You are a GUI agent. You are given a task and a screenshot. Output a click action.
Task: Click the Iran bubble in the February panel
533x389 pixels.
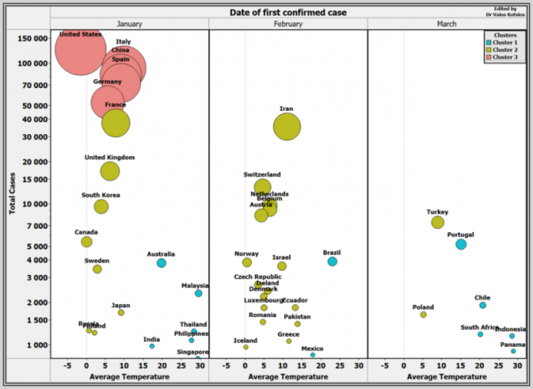(287, 126)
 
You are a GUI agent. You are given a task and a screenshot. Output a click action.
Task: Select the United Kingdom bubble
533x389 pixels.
(110, 171)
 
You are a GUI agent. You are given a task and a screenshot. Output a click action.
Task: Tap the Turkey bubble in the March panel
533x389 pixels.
(438, 222)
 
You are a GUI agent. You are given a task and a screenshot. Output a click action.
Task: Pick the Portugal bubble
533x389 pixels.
(460, 244)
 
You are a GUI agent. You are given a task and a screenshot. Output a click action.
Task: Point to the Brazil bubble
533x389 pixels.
(332, 261)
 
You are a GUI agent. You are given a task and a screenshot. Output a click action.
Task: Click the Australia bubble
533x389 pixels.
(161, 263)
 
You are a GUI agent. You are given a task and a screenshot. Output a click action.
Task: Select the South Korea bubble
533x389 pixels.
(101, 207)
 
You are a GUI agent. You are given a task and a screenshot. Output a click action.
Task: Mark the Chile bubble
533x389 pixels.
(482, 305)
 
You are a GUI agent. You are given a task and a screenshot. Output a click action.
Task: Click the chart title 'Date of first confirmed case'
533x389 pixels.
(288, 12)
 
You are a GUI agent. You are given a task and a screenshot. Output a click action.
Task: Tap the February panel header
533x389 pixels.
(288, 24)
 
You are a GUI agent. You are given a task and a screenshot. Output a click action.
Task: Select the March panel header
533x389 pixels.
(446, 24)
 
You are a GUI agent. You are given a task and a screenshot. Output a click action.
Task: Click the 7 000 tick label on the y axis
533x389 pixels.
(36, 226)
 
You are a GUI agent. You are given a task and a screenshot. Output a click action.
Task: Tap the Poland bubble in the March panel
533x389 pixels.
(423, 314)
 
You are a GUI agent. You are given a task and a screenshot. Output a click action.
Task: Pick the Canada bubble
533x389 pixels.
(86, 242)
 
